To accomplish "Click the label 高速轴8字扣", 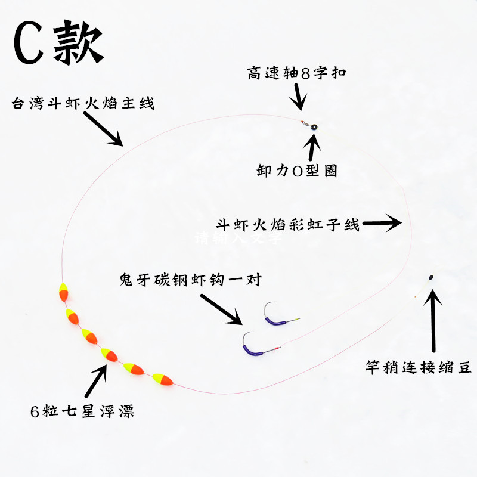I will tap(296, 73).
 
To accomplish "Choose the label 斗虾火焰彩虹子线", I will tap(288, 225).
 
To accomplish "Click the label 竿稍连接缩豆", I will tap(419, 368).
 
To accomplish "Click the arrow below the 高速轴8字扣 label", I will tap(299, 96).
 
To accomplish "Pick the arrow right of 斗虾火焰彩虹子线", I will tap(382, 224).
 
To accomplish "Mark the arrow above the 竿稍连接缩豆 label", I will tap(434, 322).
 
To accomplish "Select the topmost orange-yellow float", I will tap(63, 293).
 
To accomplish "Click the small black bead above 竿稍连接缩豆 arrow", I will tap(430, 277).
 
